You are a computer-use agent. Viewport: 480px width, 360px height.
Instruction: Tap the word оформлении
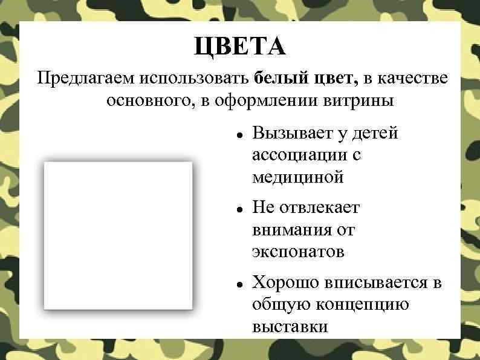click(269, 100)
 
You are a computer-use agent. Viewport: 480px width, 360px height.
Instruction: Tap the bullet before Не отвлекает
click(240, 209)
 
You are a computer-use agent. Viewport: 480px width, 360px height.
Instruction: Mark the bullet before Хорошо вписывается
click(240, 283)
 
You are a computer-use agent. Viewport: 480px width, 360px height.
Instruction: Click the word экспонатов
click(298, 252)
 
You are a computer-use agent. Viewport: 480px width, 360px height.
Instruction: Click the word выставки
click(291, 327)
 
